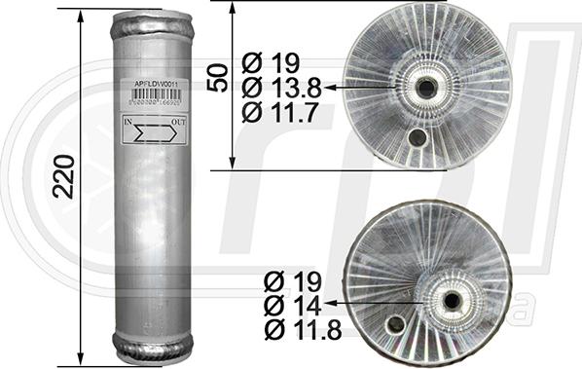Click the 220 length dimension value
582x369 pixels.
(64, 174)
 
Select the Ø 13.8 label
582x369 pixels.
(281, 88)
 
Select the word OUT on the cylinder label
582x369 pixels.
(179, 122)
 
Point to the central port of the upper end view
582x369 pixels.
(426, 88)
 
